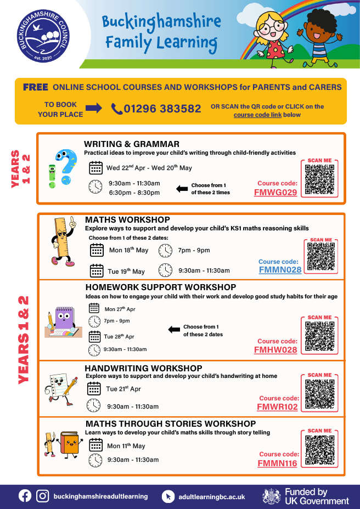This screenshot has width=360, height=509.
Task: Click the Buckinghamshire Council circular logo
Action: (x=43, y=36)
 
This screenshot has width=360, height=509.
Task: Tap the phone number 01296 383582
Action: (x=162, y=109)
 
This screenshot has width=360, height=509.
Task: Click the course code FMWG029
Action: (x=275, y=193)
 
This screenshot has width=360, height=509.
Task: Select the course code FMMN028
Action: (x=280, y=270)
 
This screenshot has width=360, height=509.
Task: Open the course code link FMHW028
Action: (x=275, y=350)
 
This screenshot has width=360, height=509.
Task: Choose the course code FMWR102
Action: (x=277, y=407)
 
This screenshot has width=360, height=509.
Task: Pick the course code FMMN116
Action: (x=277, y=463)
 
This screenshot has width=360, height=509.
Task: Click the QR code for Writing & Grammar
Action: (x=319, y=179)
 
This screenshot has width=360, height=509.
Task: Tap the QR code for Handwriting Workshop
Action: (x=319, y=394)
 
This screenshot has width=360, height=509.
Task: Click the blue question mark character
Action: (x=66, y=166)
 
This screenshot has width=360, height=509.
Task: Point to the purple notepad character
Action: (x=64, y=320)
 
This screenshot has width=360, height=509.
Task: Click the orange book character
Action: (x=69, y=444)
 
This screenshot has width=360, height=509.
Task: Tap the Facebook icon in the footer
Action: (x=25, y=496)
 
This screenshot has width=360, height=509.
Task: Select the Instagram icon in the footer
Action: (x=43, y=496)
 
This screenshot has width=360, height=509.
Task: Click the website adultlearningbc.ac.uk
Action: (x=212, y=497)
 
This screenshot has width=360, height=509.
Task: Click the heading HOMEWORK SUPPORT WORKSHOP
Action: (x=161, y=287)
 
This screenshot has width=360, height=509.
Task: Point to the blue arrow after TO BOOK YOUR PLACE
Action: (x=94, y=109)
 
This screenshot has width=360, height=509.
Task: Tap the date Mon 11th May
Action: (x=126, y=446)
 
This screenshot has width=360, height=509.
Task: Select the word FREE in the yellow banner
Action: (x=36, y=87)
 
